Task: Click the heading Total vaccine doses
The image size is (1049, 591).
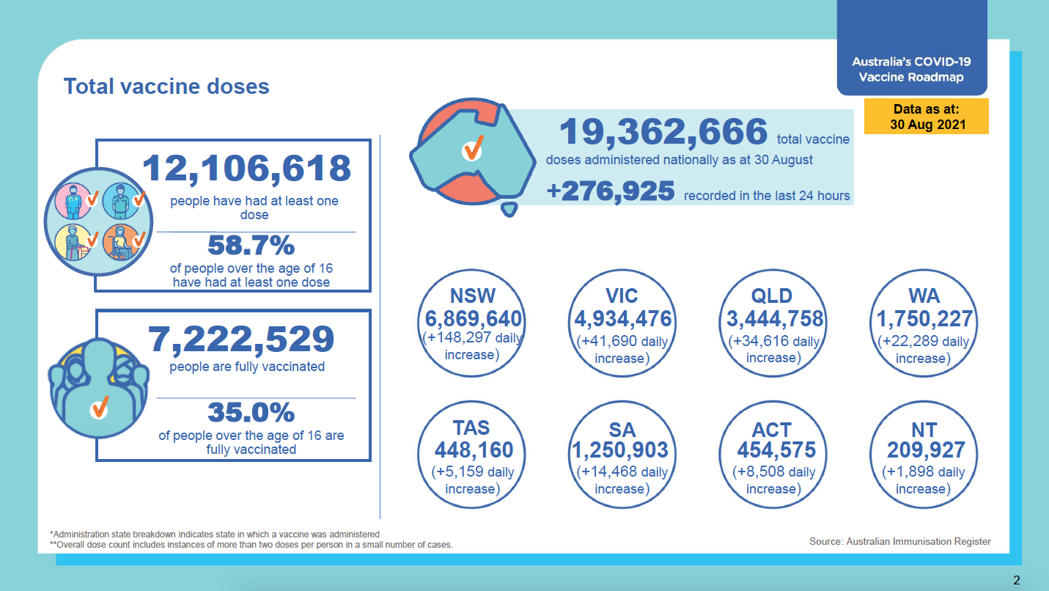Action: pos(166,87)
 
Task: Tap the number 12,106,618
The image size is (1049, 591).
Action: pos(247,169)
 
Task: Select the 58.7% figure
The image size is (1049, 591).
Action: pos(251,245)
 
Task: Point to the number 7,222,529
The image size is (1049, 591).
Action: pos(241,338)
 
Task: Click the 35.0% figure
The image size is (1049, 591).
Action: pos(251,413)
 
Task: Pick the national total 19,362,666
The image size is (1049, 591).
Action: pos(663,133)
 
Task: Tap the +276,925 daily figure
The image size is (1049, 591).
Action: pos(611,192)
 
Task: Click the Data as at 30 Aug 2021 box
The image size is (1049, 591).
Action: pos(927,117)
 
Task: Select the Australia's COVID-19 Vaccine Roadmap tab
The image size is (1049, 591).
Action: pos(911,70)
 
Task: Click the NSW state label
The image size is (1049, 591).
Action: pos(473,295)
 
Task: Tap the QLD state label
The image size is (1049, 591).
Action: pos(772,295)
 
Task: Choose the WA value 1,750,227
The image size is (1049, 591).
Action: pos(924,320)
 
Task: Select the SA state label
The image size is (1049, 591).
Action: pos(622,430)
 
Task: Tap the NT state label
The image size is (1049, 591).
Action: pos(924,430)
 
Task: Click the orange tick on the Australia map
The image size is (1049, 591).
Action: pos(472,148)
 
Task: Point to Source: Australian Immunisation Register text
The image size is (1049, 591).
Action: pos(899,542)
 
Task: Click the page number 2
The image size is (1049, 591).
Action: pos(1016,581)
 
